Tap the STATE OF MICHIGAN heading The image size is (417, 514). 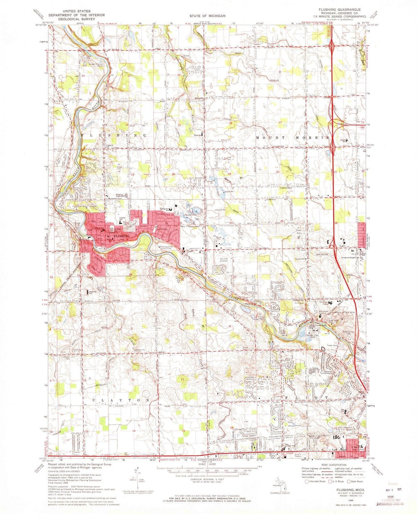(207, 16)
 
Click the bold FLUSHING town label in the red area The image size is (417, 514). (122, 235)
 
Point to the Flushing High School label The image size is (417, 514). (119, 195)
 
